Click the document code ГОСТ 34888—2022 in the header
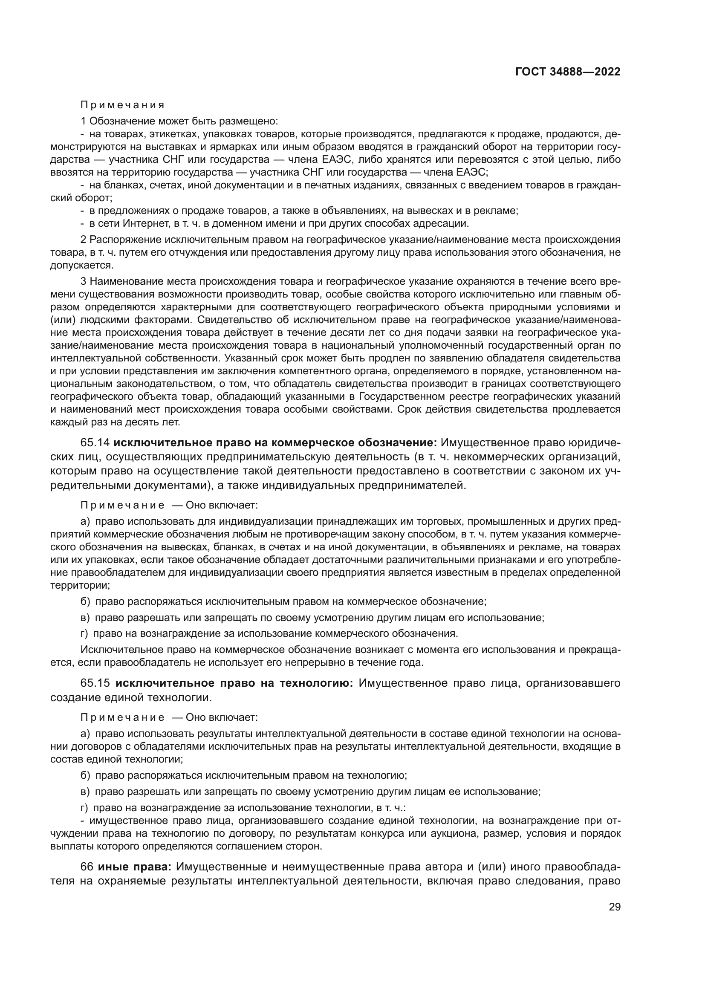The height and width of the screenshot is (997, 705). pos(568,72)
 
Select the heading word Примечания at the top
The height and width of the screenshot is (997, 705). pos(122,105)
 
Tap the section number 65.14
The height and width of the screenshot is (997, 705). pos(95,443)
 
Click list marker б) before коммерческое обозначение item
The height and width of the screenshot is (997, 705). pos(85,601)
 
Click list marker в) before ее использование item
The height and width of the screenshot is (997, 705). pos(85,791)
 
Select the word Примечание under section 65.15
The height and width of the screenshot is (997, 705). pos(122,717)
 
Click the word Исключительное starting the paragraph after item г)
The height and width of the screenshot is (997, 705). pos(115,650)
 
